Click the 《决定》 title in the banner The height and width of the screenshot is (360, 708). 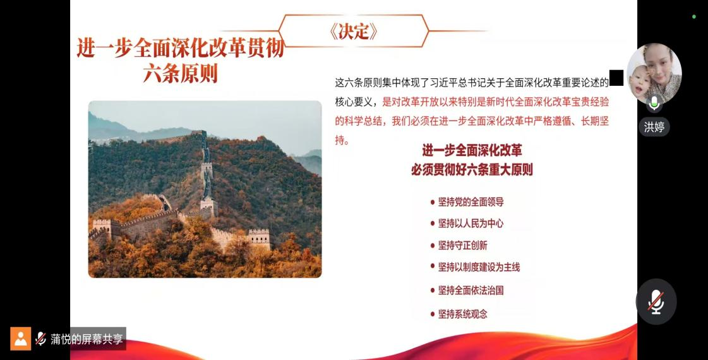[354, 31]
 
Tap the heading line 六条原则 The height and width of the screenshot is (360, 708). [181, 74]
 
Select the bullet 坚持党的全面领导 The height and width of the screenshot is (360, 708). [471, 202]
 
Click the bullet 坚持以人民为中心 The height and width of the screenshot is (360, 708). [471, 223]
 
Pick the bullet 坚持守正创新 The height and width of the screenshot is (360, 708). [463, 245]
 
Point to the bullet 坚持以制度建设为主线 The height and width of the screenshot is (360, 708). [479, 267]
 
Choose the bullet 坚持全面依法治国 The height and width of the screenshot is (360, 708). [471, 290]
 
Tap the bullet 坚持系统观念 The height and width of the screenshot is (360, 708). [463, 314]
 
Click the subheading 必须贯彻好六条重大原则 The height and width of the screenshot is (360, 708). [472, 170]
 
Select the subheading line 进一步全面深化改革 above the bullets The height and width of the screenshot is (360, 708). [472, 150]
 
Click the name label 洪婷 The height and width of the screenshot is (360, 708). [654, 127]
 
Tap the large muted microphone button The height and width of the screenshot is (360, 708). [656, 302]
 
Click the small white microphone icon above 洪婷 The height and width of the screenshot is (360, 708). [654, 104]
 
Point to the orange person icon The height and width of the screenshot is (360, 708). [21, 339]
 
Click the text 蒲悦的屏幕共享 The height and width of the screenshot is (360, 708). [87, 339]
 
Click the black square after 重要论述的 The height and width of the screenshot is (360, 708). [616, 78]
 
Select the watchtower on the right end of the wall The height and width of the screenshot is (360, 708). [259, 238]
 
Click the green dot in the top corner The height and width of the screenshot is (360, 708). [694, 16]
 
